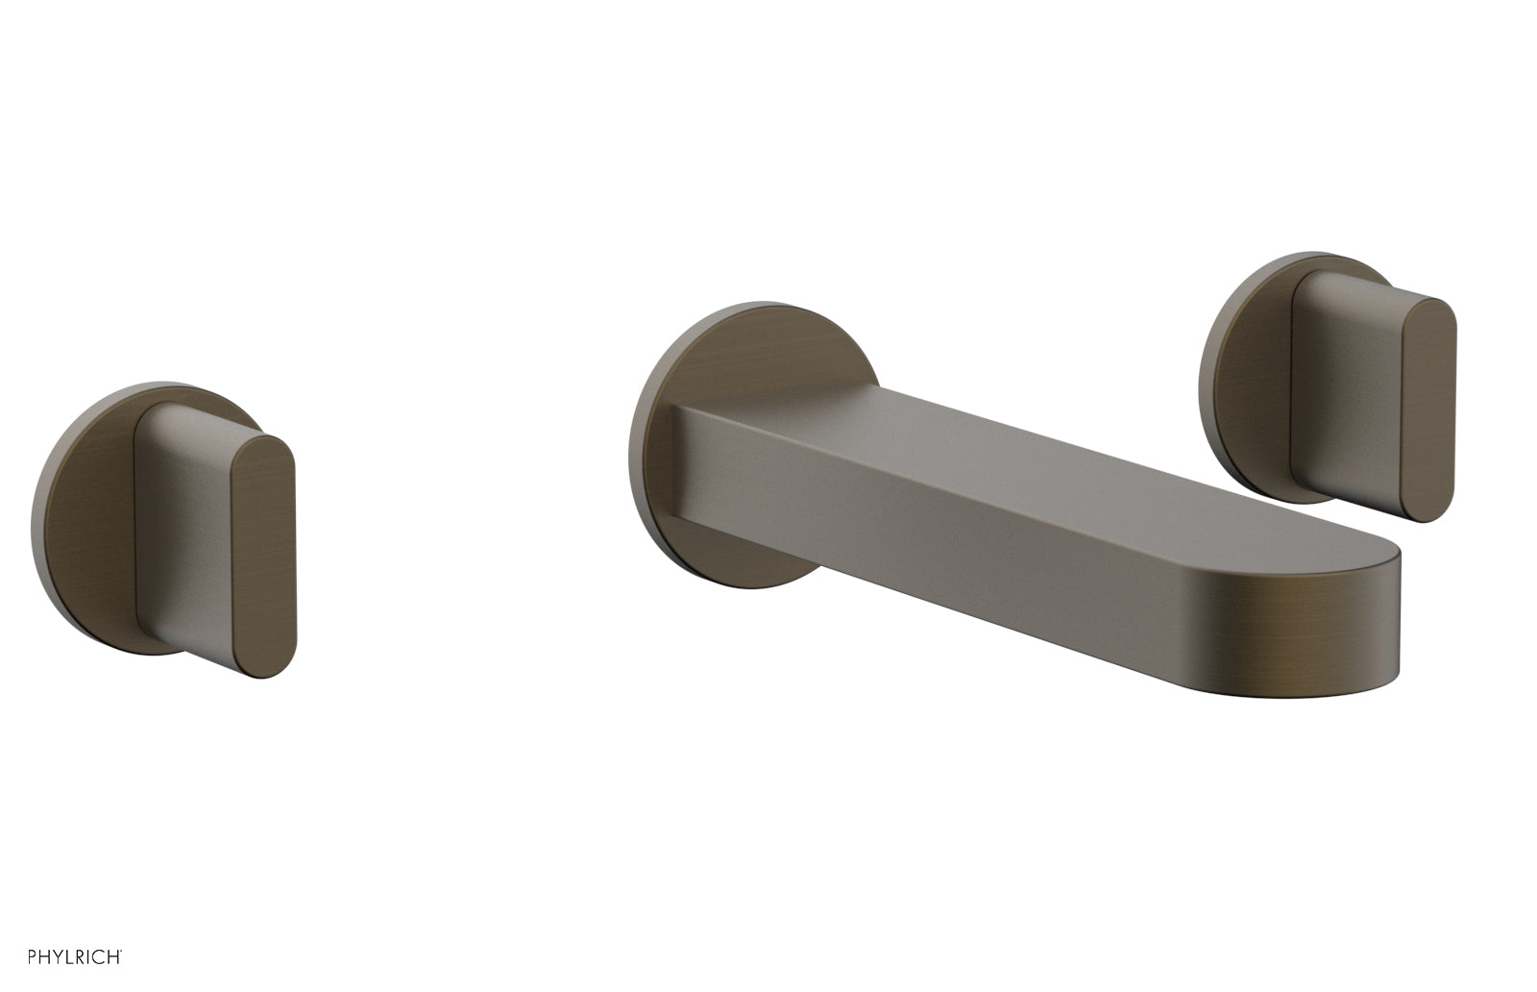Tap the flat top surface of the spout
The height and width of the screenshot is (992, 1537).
[x=1057, y=481]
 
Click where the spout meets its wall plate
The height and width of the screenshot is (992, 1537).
[x=684, y=461]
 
